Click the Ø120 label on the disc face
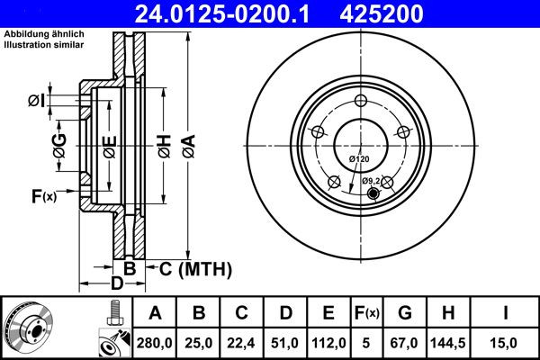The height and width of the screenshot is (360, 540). [x=359, y=159]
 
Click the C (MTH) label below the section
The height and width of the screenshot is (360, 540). [x=190, y=268]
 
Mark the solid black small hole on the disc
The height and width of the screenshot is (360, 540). [x=373, y=191]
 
